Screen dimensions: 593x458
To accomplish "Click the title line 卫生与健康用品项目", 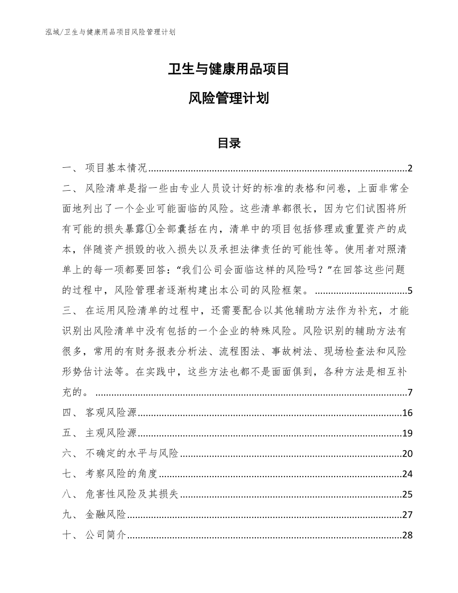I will click(229, 69).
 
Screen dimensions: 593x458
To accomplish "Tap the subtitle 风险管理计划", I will click(229, 98).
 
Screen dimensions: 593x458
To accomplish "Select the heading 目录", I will click(229, 143).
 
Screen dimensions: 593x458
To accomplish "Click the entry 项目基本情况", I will click(115, 168).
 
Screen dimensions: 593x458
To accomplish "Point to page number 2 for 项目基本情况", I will click(410, 168).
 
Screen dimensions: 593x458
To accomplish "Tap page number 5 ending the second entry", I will click(410, 291).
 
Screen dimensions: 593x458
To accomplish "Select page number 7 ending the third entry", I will click(410, 392).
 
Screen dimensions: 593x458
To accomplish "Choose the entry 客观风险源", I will click(111, 413).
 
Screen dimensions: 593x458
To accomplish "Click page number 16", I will click(407, 413).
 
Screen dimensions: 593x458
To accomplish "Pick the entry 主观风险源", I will click(111, 433).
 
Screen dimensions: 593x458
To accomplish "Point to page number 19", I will click(407, 433).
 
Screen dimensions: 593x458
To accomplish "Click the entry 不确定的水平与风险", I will click(132, 454).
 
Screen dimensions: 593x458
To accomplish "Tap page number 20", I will click(407, 454).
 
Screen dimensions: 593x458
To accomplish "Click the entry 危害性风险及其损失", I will click(132, 494).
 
